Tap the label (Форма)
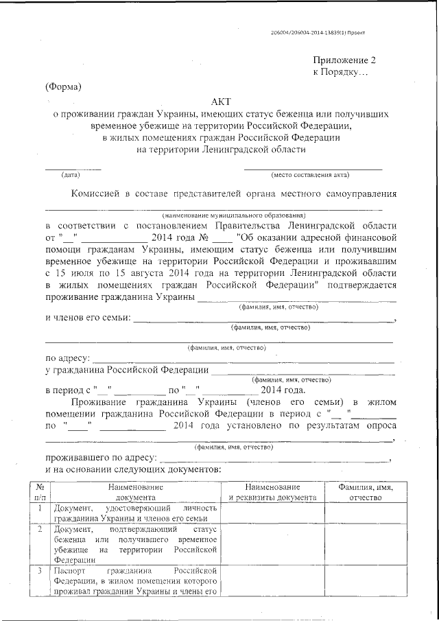point(63,86)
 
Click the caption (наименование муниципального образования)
point(233,215)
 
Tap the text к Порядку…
point(340,71)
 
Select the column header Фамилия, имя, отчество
point(370,492)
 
